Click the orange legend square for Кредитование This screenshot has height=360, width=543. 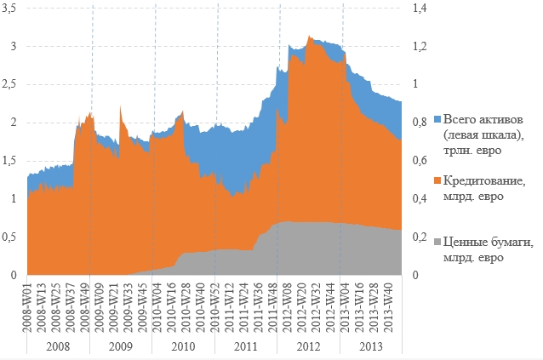pos(437,180)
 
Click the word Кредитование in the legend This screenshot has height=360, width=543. pos(483,180)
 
